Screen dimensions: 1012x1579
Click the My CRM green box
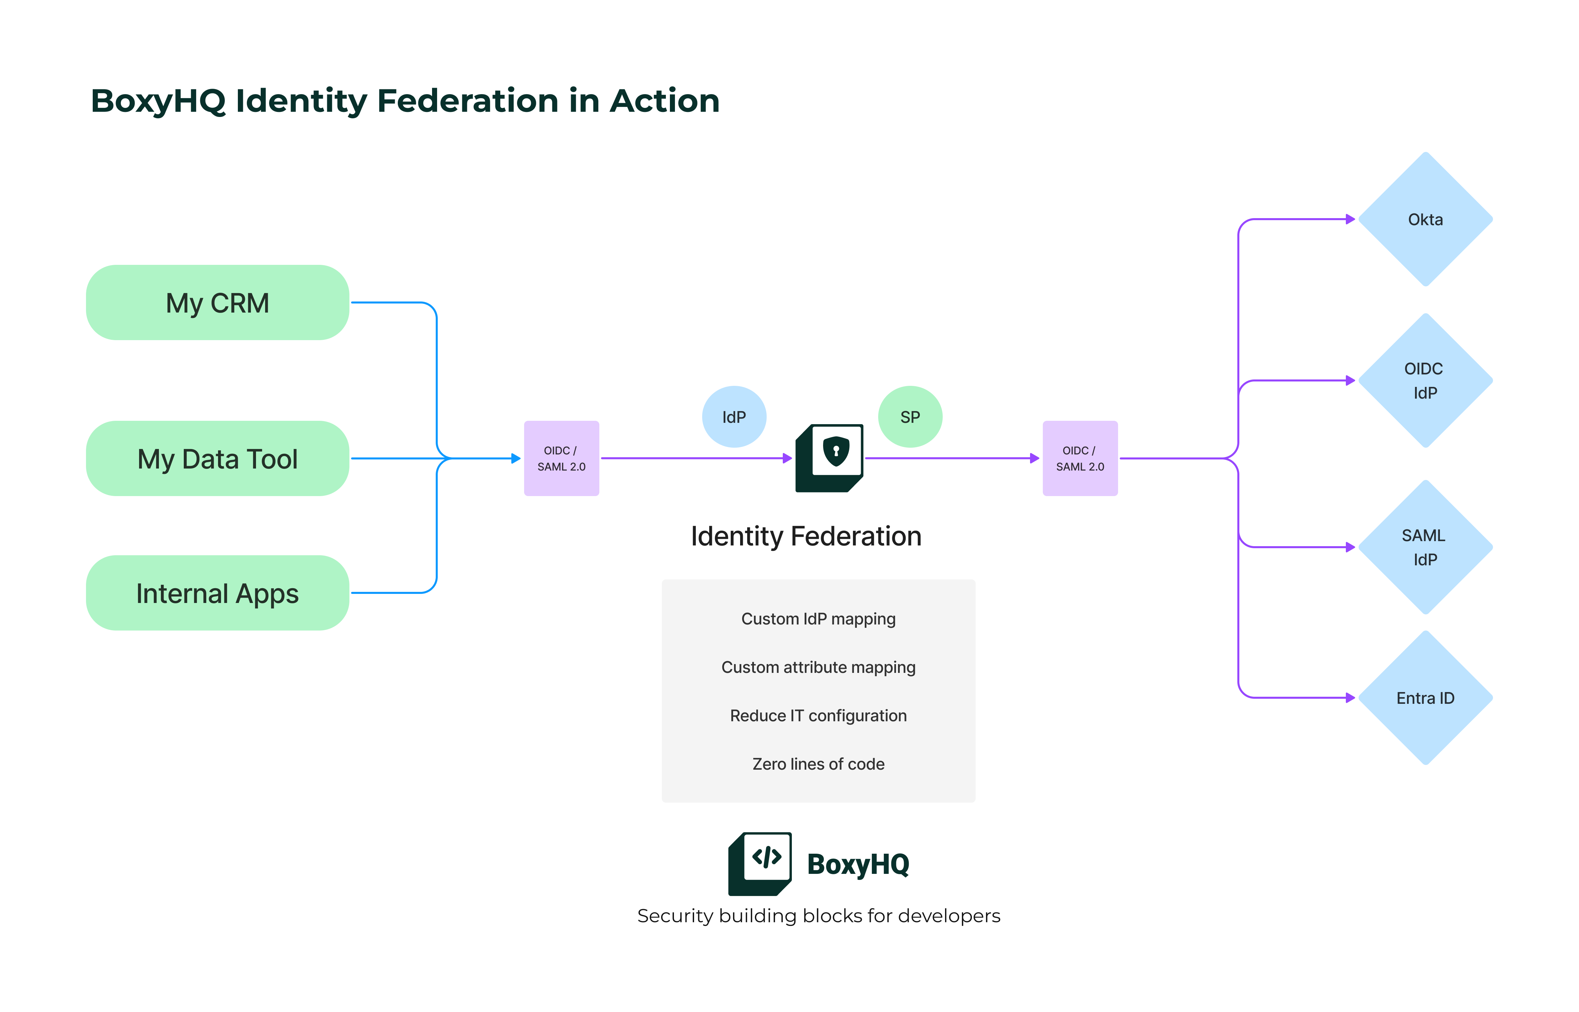[x=217, y=303]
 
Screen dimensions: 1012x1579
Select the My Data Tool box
[x=217, y=459]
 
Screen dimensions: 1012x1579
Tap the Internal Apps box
[x=217, y=594]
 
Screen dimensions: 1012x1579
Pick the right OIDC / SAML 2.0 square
[x=1080, y=459]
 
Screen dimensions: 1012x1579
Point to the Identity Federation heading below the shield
[x=806, y=536]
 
